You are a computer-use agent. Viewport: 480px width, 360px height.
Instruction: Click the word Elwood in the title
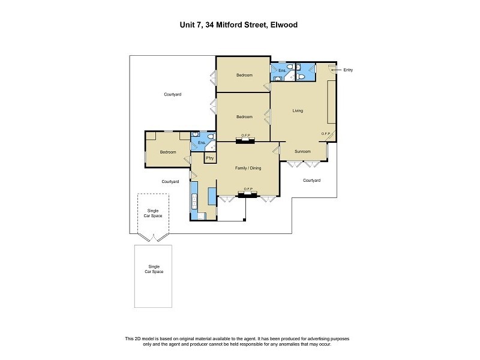tap(282, 25)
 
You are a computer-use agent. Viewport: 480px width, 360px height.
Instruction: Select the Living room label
tap(298, 111)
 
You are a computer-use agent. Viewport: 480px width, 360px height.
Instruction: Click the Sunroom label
tap(302, 152)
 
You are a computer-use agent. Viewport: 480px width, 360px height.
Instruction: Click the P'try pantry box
tap(210, 158)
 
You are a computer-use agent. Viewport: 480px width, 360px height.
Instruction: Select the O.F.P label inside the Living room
tap(326, 133)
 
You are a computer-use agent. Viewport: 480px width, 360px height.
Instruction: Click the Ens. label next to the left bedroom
tap(202, 143)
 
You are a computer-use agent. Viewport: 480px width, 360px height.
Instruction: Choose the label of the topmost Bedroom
tap(244, 75)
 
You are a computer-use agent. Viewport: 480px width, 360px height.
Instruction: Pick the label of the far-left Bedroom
tap(167, 152)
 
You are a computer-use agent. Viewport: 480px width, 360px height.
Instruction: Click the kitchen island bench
tap(212, 196)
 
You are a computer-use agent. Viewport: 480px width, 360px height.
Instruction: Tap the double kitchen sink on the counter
tap(194, 200)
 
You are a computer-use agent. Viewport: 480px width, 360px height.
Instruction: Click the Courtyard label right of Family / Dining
tap(311, 180)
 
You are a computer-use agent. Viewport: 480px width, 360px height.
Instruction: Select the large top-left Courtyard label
tap(173, 94)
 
